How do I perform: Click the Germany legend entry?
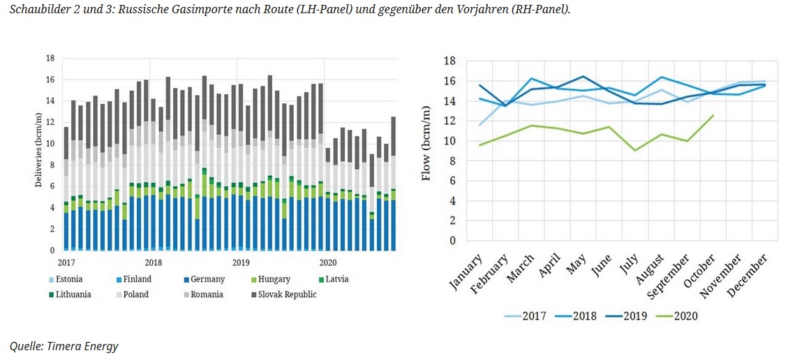[x=206, y=279]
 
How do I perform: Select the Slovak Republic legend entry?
[x=283, y=294]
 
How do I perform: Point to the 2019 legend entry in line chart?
[x=629, y=315]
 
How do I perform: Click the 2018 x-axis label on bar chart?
[x=153, y=262]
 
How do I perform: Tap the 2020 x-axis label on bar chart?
[x=327, y=262]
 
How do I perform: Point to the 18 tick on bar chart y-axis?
[x=50, y=58]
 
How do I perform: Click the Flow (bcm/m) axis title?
[x=426, y=151]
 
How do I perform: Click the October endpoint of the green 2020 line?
[x=713, y=116]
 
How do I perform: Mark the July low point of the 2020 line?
[x=634, y=150]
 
